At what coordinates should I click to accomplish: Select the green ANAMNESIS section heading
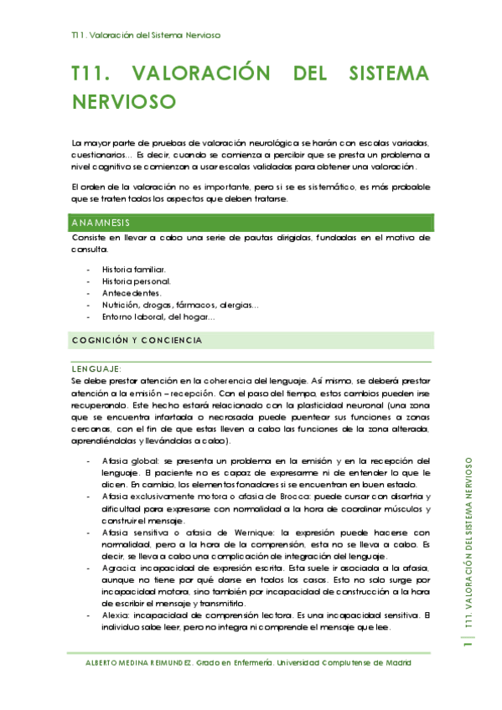pyautogui.click(x=100, y=223)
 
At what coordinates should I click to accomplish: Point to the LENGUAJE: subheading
pyautogui.click(x=97, y=368)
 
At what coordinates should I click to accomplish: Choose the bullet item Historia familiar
pyautogui.click(x=134, y=270)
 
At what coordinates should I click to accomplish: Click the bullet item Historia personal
pyautogui.click(x=137, y=281)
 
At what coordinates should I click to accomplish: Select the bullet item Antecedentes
pyautogui.click(x=131, y=293)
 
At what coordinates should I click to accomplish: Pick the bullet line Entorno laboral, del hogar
pyautogui.click(x=158, y=316)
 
